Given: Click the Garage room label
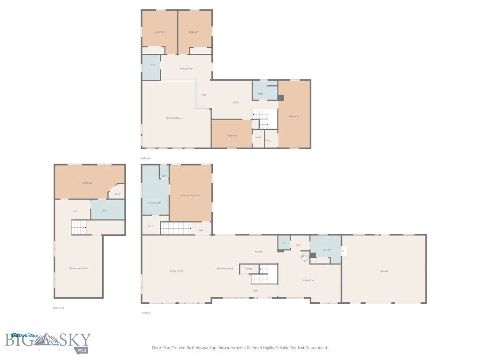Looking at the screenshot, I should pyautogui.click(x=384, y=271).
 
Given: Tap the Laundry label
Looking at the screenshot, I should pyautogui.click(x=327, y=249).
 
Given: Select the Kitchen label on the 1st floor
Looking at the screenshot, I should pyautogui.click(x=259, y=252).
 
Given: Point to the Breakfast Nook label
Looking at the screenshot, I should pyautogui.click(x=225, y=269).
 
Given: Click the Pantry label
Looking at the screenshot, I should pyautogui.click(x=249, y=269).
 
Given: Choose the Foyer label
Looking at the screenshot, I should pyautogui.click(x=255, y=291).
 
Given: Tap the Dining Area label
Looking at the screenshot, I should pyautogui.click(x=308, y=280).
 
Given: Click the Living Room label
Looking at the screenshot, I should pyautogui.click(x=176, y=271).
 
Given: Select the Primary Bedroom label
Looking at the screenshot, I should pyautogui.click(x=191, y=195).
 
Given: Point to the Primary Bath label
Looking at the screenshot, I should pyautogui.click(x=155, y=203).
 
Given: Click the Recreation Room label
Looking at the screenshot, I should pyautogui.click(x=78, y=268).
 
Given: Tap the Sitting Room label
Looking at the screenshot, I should pyautogui.click(x=187, y=68).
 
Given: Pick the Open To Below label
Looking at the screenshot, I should pyautogui.click(x=173, y=118).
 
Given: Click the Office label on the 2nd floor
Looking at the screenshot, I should pyautogui.click(x=236, y=102).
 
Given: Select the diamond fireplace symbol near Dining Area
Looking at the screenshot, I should pyautogui.click(x=304, y=257).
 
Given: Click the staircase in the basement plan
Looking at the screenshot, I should pyautogui.click(x=79, y=228).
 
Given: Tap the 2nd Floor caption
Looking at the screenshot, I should pyautogui.click(x=146, y=158).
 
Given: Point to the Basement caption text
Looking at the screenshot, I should pyautogui.click(x=58, y=308).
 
